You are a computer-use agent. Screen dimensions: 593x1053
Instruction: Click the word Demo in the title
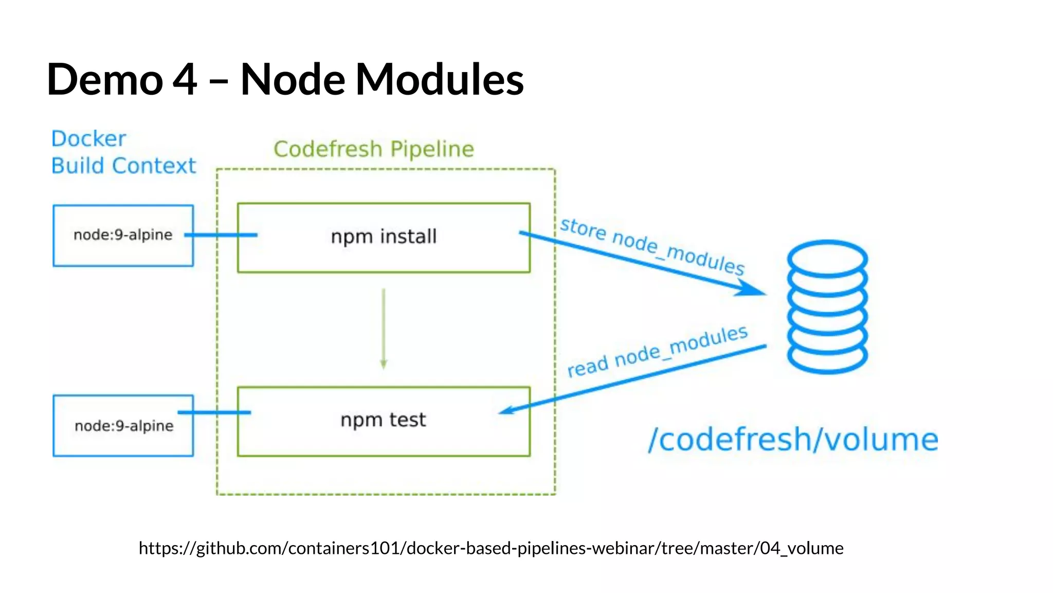[x=105, y=79]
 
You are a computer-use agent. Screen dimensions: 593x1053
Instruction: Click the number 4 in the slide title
[x=185, y=79]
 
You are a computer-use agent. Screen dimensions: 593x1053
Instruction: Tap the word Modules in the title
[x=440, y=79]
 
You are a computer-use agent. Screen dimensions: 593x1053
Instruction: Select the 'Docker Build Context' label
[x=123, y=152]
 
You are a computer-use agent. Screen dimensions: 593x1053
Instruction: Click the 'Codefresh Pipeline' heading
[x=373, y=149]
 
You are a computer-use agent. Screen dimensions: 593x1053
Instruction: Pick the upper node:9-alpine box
[x=123, y=235]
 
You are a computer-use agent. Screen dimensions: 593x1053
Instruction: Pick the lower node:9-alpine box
[x=123, y=426]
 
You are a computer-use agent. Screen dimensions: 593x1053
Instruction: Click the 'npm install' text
[x=384, y=237]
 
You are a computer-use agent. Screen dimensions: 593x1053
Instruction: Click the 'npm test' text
[x=383, y=420]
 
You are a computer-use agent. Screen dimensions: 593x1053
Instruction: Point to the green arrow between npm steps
[x=384, y=329]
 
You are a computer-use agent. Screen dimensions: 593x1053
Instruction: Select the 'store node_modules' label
[x=652, y=246]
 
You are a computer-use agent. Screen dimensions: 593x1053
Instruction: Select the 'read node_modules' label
[x=657, y=352]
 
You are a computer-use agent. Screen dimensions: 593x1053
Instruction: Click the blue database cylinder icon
[x=827, y=307]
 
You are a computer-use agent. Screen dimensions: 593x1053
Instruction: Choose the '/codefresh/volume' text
[x=793, y=440]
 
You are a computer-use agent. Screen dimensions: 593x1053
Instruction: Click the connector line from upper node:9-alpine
[x=221, y=235]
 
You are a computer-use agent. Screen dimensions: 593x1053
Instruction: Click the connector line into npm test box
[x=214, y=412]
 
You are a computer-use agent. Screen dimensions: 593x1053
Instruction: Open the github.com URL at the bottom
[x=491, y=548]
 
